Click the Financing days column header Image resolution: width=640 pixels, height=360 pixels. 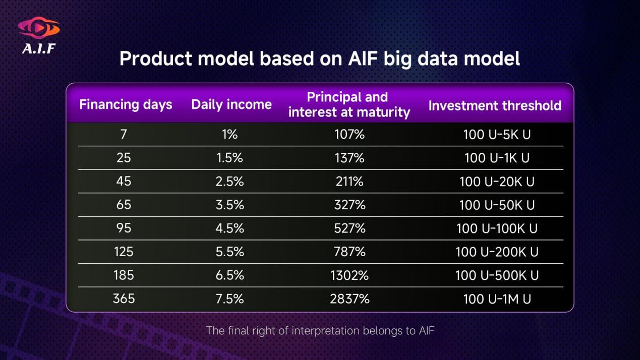[x=126, y=104]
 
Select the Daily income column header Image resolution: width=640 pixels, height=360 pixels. [x=231, y=104]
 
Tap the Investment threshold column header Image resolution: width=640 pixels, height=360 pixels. [x=495, y=105]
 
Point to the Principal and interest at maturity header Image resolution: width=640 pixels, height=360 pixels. [x=349, y=104]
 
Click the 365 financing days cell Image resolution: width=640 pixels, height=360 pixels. [x=124, y=298]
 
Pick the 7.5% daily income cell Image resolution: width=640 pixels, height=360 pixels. [x=229, y=299]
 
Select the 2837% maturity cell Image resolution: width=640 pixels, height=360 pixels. [x=350, y=299]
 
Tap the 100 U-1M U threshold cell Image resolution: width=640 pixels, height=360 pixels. [x=497, y=299]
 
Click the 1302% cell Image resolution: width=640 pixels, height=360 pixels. [x=350, y=275]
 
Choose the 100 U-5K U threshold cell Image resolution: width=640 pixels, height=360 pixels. [x=497, y=135]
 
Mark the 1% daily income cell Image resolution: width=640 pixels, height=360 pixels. [x=229, y=134]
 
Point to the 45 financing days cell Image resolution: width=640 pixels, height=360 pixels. [x=124, y=181]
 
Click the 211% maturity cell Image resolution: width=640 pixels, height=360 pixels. [x=350, y=182]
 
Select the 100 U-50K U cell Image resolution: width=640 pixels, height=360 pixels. [x=497, y=205]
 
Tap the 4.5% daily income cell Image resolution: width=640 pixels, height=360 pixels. [x=229, y=228]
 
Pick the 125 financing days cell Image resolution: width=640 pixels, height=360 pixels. [x=124, y=252]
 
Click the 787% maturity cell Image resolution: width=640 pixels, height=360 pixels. [x=350, y=252]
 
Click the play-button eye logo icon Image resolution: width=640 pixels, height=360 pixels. [x=39, y=28]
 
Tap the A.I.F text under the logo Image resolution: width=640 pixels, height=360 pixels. [x=39, y=48]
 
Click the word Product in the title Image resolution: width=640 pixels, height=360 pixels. [x=156, y=58]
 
